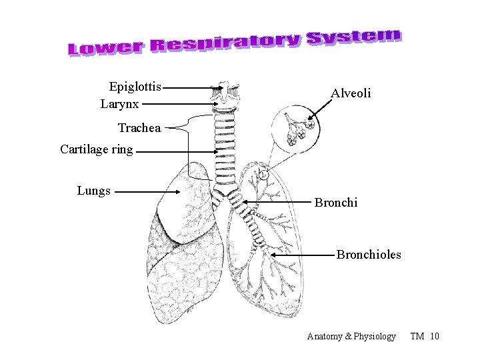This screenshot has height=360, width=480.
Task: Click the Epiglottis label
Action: click(135, 87)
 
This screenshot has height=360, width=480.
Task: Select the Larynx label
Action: click(120, 104)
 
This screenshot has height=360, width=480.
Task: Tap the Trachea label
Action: click(139, 128)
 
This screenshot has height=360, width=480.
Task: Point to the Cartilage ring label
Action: click(97, 149)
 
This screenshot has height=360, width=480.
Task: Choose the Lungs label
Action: click(94, 191)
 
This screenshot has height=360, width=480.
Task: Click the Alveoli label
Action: click(351, 93)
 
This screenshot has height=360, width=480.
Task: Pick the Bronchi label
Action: click(336, 201)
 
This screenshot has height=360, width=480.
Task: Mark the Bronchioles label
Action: click(369, 254)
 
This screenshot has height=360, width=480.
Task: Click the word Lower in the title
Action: click(105, 47)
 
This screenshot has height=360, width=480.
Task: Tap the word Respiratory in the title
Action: click(225, 43)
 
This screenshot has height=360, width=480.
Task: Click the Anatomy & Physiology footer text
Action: click(351, 336)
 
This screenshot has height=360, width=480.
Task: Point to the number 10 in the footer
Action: click(435, 336)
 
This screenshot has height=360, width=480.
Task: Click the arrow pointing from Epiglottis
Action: click(193, 87)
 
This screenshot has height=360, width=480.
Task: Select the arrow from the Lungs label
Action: click(150, 192)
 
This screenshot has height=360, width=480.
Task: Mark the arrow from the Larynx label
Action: click(180, 104)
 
